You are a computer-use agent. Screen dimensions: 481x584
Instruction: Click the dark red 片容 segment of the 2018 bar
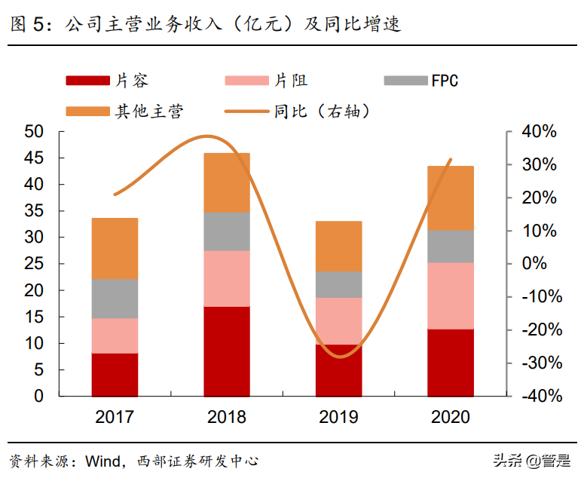tap(227, 351)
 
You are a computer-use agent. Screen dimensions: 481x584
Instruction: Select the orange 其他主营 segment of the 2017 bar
tap(115, 248)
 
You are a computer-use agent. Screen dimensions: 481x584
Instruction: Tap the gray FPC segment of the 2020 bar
tap(451, 246)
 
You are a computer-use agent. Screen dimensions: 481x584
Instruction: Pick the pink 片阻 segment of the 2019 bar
tap(339, 320)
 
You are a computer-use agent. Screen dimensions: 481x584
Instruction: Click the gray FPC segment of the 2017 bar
tap(115, 299)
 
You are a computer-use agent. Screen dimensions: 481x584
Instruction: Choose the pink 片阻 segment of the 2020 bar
tap(451, 296)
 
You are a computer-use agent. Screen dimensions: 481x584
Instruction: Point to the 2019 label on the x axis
tap(339, 417)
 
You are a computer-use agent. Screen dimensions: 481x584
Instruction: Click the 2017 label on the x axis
tap(115, 417)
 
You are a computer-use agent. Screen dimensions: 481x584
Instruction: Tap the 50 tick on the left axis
tap(35, 132)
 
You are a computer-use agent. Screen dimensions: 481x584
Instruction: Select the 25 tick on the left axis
tap(35, 264)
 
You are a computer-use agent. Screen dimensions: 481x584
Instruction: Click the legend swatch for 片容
tap(87, 80)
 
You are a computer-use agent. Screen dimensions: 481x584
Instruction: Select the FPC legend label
tap(445, 80)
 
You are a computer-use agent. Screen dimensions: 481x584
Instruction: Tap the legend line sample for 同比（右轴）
tap(247, 112)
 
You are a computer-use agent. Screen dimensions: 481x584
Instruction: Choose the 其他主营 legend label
tap(148, 112)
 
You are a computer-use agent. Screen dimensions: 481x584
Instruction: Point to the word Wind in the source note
tap(102, 460)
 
